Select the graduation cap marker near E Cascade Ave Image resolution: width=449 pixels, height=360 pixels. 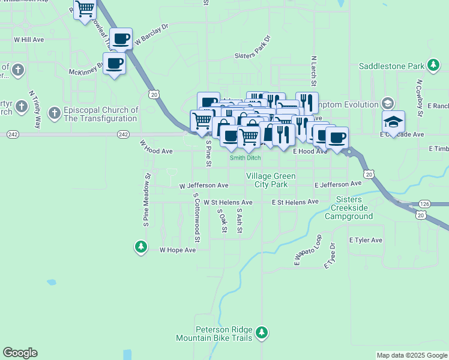pos(393,122)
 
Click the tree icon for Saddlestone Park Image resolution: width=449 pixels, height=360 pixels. pos(432,65)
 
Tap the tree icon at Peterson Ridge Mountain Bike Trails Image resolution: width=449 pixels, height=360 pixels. pos(261,332)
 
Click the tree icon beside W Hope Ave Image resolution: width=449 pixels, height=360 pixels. pos(141,247)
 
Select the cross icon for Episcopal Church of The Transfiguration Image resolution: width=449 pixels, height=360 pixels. pos(54,112)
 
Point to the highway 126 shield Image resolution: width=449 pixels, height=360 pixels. pos(424,203)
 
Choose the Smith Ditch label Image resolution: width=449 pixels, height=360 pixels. pos(246,158)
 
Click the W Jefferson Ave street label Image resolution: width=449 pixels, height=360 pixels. pos(203,186)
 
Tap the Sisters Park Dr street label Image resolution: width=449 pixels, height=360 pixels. pos(252,47)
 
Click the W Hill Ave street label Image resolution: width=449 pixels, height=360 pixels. pos(29,40)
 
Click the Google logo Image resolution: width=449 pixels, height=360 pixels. pos(20,353)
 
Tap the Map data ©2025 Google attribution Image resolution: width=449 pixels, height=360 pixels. pos(411,355)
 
